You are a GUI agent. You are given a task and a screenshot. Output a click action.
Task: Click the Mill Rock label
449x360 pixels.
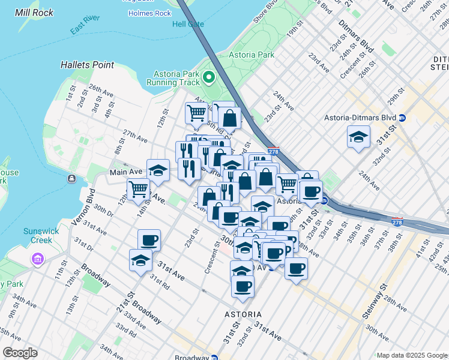[34, 13]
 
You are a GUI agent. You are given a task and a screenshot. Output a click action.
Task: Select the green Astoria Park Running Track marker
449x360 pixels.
[209, 77]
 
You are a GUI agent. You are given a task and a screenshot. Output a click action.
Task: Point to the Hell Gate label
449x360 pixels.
[188, 24]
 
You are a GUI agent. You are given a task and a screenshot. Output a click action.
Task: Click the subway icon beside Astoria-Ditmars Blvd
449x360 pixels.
[402, 117]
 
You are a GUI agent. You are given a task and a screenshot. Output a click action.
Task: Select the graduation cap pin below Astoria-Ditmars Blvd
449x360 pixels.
[358, 137]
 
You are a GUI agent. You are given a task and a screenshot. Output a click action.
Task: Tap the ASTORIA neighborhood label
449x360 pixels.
[243, 314]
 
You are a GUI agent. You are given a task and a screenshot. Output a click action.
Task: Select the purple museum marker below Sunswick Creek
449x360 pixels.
[38, 259]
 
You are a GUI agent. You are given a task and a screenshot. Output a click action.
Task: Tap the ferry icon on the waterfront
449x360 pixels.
[71, 179]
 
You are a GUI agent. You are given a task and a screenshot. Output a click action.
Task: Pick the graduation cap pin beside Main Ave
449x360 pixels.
[158, 171]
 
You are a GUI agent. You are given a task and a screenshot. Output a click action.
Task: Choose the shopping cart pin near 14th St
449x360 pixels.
[138, 189]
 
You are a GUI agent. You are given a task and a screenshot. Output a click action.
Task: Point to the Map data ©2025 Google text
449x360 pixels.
[411, 355]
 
